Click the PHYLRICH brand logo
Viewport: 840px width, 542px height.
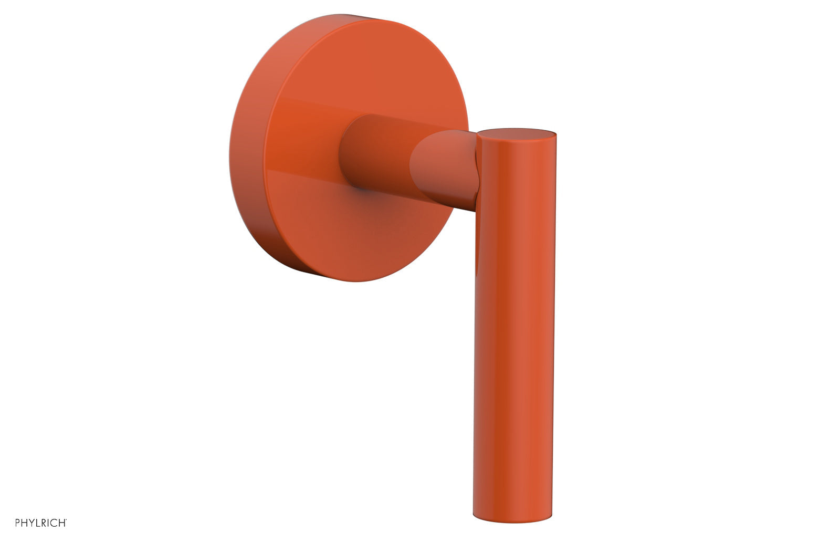[x=41, y=522]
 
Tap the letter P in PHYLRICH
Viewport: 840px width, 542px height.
[x=18, y=522]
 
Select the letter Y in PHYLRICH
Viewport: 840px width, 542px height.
[x=32, y=522]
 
